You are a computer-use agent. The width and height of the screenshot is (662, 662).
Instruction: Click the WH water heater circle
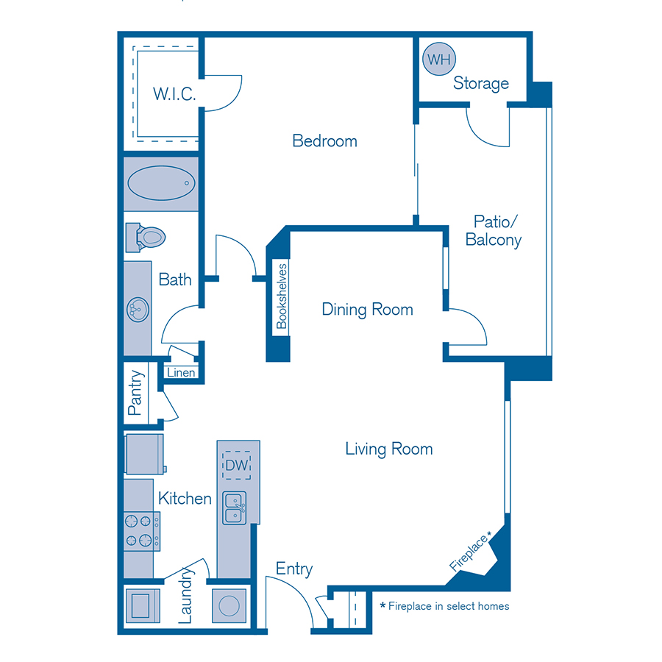coord(439,59)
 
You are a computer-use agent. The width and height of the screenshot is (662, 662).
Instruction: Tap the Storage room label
coord(480,83)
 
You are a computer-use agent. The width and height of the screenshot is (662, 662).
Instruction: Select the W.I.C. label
coord(174,93)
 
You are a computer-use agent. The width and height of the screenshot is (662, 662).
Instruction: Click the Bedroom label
coord(324,140)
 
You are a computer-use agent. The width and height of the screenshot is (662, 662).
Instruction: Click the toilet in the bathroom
coord(149,237)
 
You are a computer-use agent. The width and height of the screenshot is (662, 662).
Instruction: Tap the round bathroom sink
coord(137,309)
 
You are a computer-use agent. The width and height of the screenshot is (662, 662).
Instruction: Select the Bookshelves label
coord(281,296)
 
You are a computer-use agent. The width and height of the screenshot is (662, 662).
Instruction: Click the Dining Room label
coord(367,310)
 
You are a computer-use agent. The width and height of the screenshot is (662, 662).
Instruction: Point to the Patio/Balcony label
coord(493,230)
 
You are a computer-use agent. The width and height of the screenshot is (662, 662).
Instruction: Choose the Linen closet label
coord(181,372)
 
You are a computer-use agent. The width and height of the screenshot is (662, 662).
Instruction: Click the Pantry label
coord(135,394)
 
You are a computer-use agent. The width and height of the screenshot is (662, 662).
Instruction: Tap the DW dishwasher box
coord(238,465)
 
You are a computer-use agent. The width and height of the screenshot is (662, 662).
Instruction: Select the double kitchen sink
coord(235,508)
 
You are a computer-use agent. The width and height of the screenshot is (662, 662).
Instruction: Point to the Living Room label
coord(388,449)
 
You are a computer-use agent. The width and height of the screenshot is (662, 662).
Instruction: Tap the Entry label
coord(294,569)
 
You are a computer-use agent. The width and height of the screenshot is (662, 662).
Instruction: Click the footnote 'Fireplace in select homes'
coord(444,606)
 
